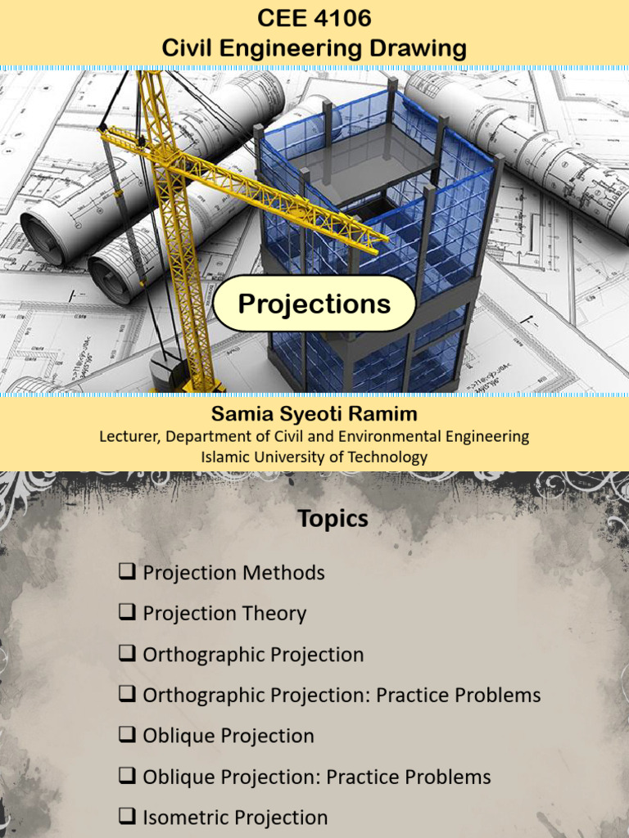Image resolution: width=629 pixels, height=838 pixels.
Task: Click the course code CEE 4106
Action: click(314, 18)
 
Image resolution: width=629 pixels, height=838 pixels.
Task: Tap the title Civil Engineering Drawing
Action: click(314, 47)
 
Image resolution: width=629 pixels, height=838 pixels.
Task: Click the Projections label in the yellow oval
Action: click(314, 304)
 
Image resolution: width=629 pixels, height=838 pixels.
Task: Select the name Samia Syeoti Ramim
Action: click(314, 414)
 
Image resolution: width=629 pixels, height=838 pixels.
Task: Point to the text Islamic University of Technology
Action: click(314, 457)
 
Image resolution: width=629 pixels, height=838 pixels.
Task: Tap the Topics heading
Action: click(333, 519)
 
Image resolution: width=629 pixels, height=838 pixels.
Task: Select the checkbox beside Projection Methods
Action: click(127, 572)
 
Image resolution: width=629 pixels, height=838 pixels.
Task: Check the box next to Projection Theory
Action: click(127, 613)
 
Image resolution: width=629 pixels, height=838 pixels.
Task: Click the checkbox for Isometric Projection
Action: click(127, 817)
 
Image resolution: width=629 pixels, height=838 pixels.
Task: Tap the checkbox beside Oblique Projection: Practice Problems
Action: click(127, 776)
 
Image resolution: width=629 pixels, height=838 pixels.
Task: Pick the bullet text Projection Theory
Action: click(224, 614)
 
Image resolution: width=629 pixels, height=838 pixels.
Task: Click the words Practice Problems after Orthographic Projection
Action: click(462, 696)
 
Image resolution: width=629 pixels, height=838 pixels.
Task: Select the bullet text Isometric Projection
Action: click(235, 818)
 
